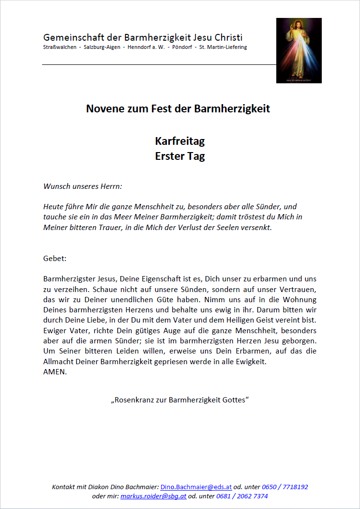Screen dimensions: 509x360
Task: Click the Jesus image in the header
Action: pyautogui.click(x=299, y=50)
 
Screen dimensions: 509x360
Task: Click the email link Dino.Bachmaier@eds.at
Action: pyautogui.click(x=196, y=487)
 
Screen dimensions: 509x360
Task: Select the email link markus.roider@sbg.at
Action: pyautogui.click(x=153, y=496)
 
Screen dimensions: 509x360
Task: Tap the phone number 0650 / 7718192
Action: pyautogui.click(x=285, y=487)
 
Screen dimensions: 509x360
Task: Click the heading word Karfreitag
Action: pyautogui.click(x=180, y=141)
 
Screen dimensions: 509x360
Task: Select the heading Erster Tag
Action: pyautogui.click(x=180, y=156)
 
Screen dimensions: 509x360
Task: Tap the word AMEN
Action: pyautogui.click(x=54, y=372)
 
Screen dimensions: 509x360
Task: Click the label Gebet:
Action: pyautogui.click(x=55, y=258)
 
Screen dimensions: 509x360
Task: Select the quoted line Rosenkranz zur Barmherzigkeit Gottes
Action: pyautogui.click(x=180, y=401)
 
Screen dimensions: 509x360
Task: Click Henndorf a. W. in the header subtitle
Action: pyautogui.click(x=143, y=47)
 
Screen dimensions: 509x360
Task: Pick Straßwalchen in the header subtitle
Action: pyautogui.click(x=60, y=47)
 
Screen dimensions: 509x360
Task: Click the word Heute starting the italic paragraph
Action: pyautogui.click(x=53, y=206)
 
